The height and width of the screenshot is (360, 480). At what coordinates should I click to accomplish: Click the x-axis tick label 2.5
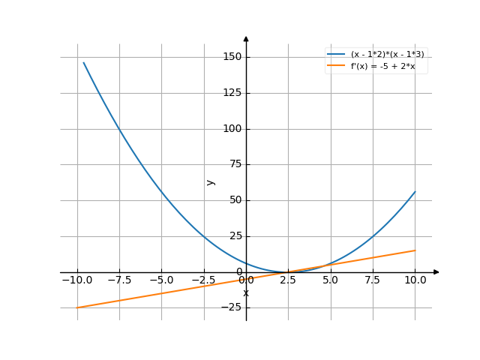[289, 280]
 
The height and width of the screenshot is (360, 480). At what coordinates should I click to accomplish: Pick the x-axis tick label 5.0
[331, 280]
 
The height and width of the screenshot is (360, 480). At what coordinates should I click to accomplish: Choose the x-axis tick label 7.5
[373, 280]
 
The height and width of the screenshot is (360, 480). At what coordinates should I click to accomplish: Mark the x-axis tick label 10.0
[415, 280]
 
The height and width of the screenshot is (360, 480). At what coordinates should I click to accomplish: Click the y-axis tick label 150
[232, 57]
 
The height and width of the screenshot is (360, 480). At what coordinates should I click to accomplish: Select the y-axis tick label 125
[232, 93]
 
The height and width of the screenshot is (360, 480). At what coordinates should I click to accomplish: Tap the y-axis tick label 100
[232, 129]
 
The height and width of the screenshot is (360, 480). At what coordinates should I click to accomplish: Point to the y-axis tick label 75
[235, 165]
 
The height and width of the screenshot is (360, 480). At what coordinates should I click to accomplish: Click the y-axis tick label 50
[235, 200]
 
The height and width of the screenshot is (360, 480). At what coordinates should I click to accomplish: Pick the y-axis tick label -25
[233, 307]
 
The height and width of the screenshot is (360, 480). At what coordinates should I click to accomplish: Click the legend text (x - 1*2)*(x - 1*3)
[392, 55]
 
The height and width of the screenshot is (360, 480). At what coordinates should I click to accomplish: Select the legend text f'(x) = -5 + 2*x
[383, 66]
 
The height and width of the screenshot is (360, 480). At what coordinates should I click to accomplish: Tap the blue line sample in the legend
[336, 55]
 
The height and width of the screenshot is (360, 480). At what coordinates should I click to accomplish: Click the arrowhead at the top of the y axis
[246, 37]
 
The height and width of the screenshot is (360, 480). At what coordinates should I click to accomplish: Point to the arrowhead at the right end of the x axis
[436, 272]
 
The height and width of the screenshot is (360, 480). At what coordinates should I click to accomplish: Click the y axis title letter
[211, 181]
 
